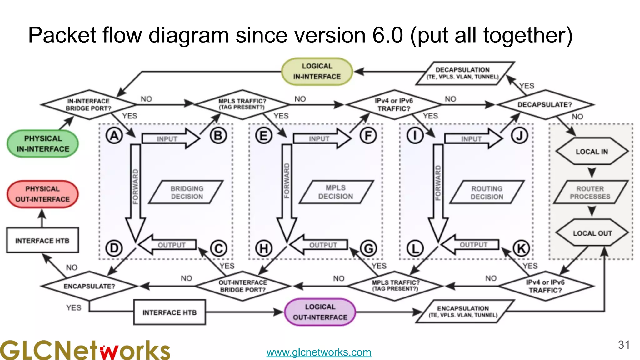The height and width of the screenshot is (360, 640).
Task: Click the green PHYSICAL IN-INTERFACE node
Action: click(x=43, y=144)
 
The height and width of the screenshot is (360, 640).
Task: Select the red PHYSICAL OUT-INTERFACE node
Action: click(x=42, y=194)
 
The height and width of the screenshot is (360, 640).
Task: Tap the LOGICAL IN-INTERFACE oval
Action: click(x=317, y=72)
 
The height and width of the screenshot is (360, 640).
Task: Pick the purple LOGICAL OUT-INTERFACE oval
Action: click(x=320, y=312)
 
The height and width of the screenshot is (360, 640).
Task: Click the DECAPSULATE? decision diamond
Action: click(x=545, y=105)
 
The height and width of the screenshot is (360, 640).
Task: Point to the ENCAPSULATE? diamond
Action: click(x=89, y=286)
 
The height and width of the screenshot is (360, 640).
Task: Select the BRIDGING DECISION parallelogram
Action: click(x=187, y=192)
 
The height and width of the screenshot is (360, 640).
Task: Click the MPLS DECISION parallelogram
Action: click(x=336, y=192)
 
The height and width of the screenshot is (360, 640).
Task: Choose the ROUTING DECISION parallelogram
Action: click(x=487, y=192)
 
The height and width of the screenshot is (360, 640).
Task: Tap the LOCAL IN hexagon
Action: click(x=592, y=152)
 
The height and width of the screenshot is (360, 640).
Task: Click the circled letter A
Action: click(x=114, y=136)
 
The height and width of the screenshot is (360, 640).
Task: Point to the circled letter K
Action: click(x=521, y=249)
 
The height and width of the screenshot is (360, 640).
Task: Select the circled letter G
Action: click(x=369, y=249)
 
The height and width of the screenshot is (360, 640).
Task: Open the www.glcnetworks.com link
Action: click(x=319, y=352)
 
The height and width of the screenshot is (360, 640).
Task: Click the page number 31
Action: click(x=623, y=345)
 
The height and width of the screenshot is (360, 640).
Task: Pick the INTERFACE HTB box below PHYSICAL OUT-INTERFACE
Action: click(x=42, y=241)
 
